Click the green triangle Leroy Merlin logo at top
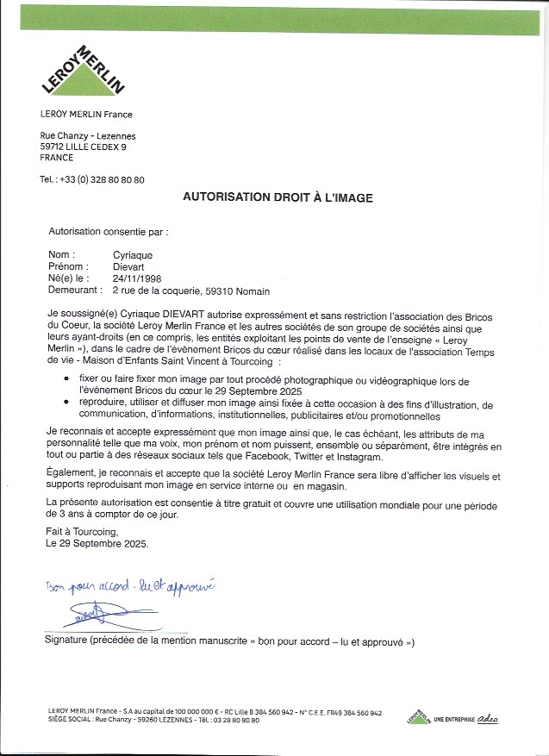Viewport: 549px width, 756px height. pos(84,72)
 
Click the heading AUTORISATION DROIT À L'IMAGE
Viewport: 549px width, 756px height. pos(278,197)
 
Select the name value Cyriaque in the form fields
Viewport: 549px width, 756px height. pos(132,255)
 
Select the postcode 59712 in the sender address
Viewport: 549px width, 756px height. pos(55,147)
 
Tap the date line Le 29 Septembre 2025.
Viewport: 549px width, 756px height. pos(97,545)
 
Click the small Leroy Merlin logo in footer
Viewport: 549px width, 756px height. pos(418,716)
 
